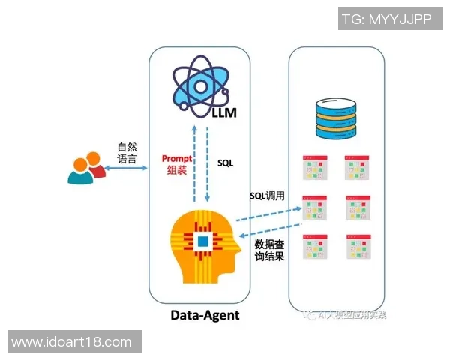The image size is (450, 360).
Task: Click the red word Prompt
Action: (178, 159)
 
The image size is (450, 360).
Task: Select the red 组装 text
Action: (178, 171)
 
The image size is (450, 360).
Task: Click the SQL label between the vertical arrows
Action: (225, 162)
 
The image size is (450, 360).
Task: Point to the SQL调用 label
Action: (268, 195)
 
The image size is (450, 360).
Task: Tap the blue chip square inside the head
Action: (202, 241)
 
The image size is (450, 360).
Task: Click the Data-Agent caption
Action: (204, 315)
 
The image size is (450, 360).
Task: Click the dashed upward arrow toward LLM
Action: (194, 161)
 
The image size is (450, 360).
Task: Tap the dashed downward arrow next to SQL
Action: (208, 161)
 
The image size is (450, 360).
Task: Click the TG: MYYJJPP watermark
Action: (385, 20)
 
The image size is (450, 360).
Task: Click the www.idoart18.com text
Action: (72, 342)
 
